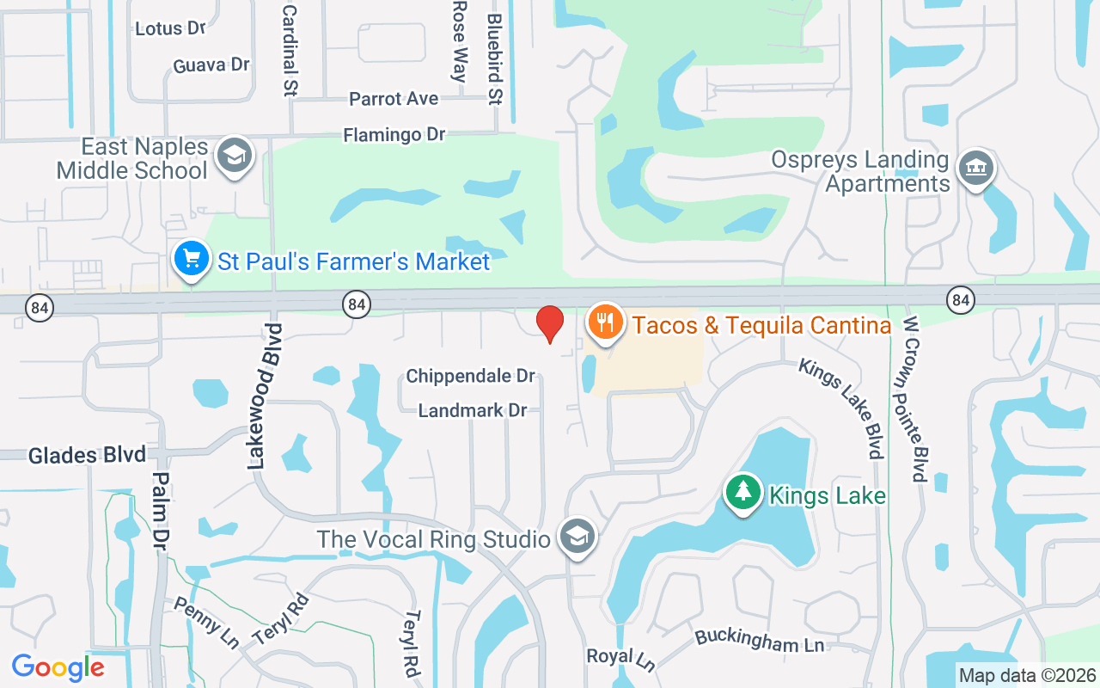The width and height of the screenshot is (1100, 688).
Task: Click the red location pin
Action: click(x=550, y=323)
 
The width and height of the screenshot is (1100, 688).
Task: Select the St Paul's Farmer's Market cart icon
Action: click(x=192, y=258)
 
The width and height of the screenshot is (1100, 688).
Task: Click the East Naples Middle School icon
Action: click(x=233, y=157)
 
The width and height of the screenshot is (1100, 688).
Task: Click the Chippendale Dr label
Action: click(x=470, y=376)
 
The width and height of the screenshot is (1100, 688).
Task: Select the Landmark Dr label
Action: click(x=472, y=410)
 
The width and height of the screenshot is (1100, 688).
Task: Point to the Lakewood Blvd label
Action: click(x=265, y=396)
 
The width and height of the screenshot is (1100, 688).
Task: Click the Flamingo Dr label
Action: click(x=394, y=135)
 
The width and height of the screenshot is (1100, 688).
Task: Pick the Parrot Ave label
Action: click(x=394, y=99)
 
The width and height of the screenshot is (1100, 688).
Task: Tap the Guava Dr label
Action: click(x=211, y=65)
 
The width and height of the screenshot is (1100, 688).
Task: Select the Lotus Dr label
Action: click(x=170, y=28)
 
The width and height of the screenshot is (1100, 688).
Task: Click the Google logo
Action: click(x=58, y=667)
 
